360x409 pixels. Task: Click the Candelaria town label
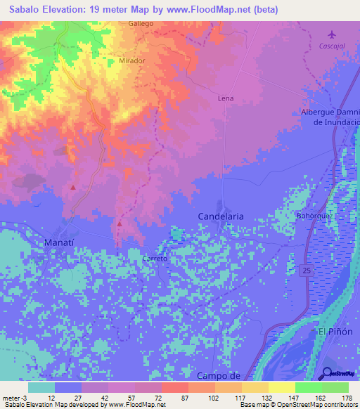(x=221, y=216)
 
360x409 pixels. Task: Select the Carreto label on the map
(x=155, y=259)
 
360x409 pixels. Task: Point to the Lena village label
(x=226, y=98)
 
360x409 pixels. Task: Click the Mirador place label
(x=132, y=60)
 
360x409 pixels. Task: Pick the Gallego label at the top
(x=141, y=23)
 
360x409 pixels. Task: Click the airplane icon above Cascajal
(x=332, y=34)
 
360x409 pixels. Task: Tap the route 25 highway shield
(x=309, y=271)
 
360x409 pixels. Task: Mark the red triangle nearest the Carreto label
(x=120, y=223)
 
